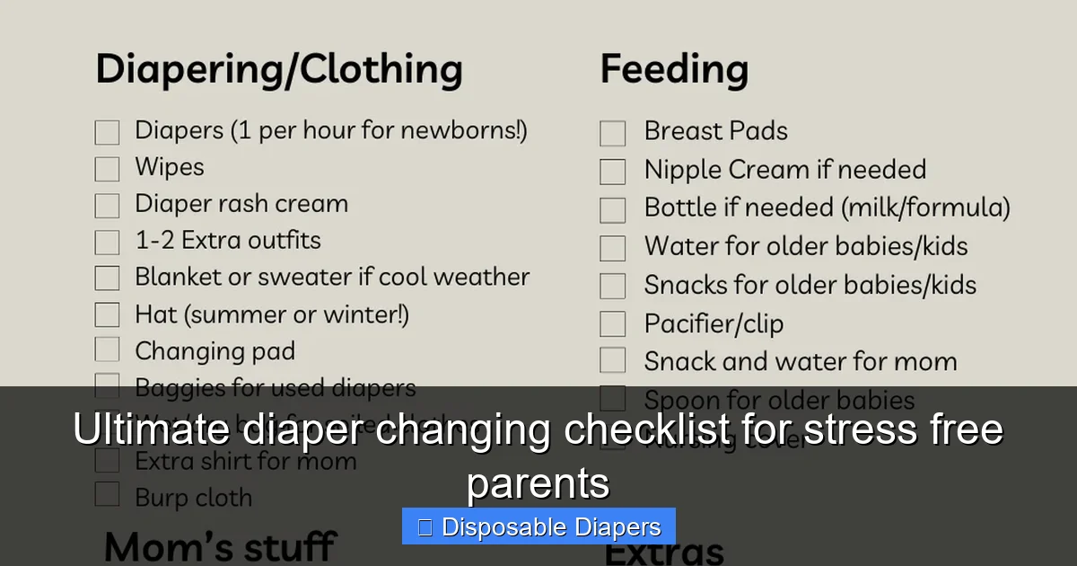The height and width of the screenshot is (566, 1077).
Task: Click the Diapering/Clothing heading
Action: [279, 69]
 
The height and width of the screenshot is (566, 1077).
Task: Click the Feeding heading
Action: [674, 69]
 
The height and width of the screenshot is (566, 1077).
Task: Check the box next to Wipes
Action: [107, 169]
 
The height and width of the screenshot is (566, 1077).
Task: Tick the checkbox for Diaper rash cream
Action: [107, 206]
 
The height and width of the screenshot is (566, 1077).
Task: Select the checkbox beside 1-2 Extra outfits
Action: [107, 242]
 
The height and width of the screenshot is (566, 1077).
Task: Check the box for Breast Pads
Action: [613, 134]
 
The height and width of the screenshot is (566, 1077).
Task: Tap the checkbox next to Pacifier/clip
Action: [613, 323]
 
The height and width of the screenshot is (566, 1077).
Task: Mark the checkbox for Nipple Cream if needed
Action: [613, 172]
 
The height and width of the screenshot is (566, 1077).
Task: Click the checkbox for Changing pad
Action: [107, 350]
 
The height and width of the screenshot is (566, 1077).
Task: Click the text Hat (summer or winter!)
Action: [272, 314]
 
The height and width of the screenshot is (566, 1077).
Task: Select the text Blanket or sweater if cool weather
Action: [332, 277]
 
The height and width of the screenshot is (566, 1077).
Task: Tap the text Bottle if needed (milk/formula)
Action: [827, 208]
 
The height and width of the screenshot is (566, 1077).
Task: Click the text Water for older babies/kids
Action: [806, 246]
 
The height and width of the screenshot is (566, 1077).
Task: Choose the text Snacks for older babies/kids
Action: [810, 285]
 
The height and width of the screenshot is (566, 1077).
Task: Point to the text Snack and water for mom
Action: [801, 361]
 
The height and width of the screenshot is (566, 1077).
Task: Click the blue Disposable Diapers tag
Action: [538, 526]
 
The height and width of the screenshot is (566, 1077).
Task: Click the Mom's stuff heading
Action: [220, 546]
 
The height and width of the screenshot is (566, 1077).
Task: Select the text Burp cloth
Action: [193, 497]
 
